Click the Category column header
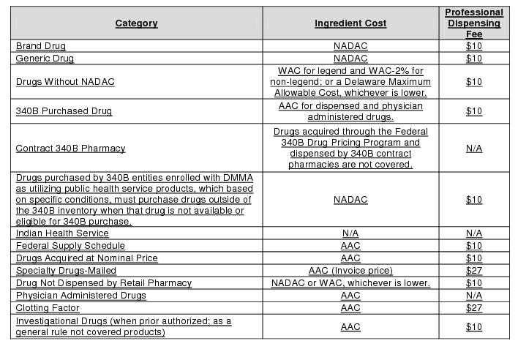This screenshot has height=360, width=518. [x=136, y=23]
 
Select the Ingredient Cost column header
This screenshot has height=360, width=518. [x=350, y=23]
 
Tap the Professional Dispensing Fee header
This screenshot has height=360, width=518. [x=474, y=23]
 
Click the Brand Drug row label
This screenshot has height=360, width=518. [x=41, y=46]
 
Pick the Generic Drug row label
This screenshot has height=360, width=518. [x=45, y=59]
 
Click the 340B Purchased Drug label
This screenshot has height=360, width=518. [x=64, y=111]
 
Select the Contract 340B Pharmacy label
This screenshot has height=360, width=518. [x=70, y=149]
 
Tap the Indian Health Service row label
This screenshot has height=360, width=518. [x=62, y=233]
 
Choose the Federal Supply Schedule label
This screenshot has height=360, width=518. [x=70, y=246]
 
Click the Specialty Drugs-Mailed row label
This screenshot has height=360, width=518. [x=66, y=271]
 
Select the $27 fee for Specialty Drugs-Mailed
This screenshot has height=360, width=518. [x=474, y=271]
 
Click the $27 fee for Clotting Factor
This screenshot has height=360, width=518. [x=474, y=308]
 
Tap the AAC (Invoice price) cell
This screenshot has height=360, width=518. [x=350, y=271]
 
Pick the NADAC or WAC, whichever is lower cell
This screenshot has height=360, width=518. [x=350, y=283]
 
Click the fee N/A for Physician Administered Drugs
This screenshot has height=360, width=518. [x=474, y=296]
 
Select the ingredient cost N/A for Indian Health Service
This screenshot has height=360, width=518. [x=350, y=233]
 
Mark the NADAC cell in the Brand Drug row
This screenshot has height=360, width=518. [x=350, y=46]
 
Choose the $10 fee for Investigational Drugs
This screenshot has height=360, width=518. [x=474, y=327]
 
